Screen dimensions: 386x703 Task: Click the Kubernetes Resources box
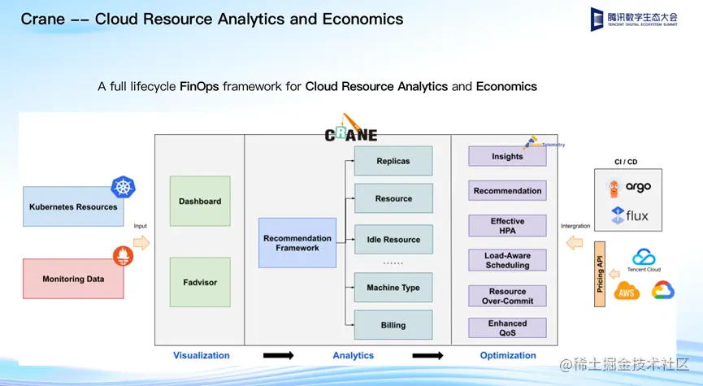[x=73, y=207]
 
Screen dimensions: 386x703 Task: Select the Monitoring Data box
[x=73, y=279]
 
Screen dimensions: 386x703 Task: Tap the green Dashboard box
[x=200, y=201]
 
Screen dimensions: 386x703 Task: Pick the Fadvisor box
[x=200, y=282]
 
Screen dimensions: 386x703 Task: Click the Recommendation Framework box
[x=297, y=243]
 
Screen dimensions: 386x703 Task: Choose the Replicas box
[x=393, y=161]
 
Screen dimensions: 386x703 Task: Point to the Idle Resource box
[x=393, y=240]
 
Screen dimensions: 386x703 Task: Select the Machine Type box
[x=393, y=288]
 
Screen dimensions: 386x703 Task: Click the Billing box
[x=393, y=325]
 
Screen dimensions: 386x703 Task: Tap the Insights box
[x=507, y=156]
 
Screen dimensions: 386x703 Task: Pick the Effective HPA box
[x=507, y=226]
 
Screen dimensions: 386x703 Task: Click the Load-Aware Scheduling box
[x=507, y=260]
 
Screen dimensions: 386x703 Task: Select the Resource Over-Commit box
[x=507, y=296]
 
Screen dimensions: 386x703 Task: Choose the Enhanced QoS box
[x=507, y=327]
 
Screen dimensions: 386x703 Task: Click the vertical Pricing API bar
[x=601, y=273]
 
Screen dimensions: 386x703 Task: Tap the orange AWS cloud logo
[x=627, y=291]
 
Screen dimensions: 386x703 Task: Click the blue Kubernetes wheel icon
[x=124, y=187]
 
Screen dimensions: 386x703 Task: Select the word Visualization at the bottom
[x=202, y=355]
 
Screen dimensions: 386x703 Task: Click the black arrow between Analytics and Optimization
[x=428, y=355]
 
